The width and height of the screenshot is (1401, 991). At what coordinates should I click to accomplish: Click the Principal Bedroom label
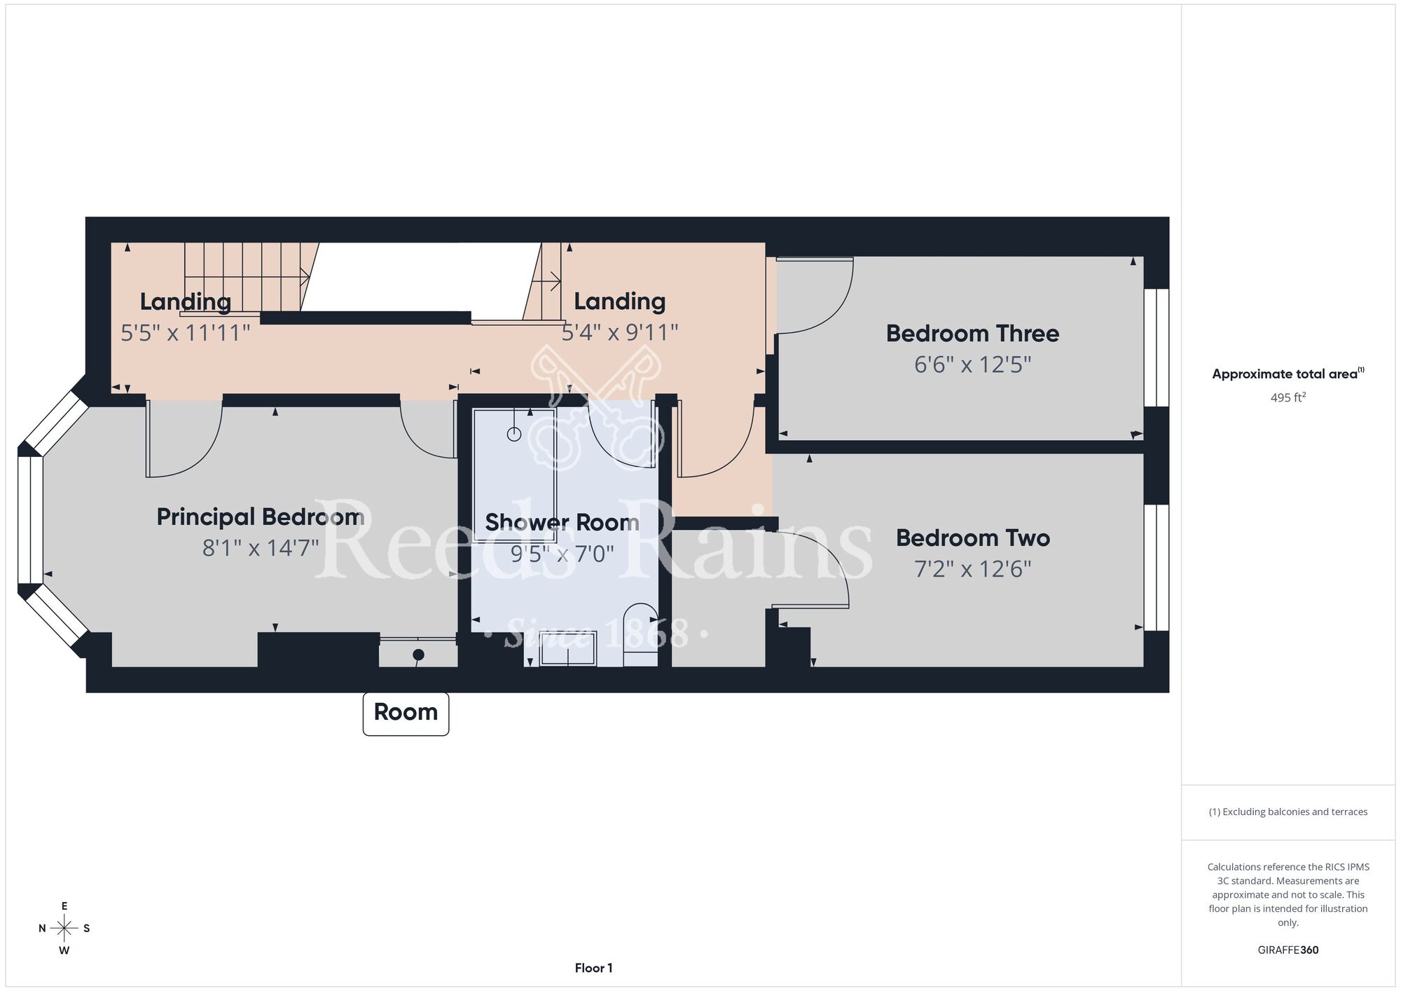tap(260, 517)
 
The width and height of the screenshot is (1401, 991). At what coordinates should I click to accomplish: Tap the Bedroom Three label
tap(972, 333)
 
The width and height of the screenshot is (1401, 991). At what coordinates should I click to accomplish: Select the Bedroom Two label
tap(973, 538)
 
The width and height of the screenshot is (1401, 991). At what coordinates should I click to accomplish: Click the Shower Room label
tap(562, 522)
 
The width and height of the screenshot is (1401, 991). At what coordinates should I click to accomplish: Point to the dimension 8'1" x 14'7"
tap(261, 547)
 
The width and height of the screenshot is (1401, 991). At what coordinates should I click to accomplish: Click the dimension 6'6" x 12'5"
tap(972, 364)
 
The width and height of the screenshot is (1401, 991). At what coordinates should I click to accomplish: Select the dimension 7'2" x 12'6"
tap(973, 568)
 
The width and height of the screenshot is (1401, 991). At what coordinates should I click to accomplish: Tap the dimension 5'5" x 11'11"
tap(185, 332)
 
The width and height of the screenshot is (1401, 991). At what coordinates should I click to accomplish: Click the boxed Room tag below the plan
tap(406, 713)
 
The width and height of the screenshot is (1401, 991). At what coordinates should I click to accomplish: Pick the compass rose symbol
tap(64, 929)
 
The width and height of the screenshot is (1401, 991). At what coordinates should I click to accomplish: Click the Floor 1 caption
tap(593, 968)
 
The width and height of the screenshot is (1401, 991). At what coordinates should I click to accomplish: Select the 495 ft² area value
tap(1288, 397)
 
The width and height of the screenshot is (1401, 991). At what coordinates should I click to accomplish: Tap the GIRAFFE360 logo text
tap(1288, 950)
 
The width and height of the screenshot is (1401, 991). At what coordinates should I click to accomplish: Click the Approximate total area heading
tap(1288, 374)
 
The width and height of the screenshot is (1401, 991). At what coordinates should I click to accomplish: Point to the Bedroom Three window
tap(1157, 348)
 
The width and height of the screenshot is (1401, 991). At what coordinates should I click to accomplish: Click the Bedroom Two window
tap(1157, 568)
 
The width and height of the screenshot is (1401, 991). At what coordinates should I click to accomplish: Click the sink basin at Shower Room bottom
tap(567, 649)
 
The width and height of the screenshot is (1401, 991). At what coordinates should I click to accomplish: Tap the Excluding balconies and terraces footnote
tap(1288, 812)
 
